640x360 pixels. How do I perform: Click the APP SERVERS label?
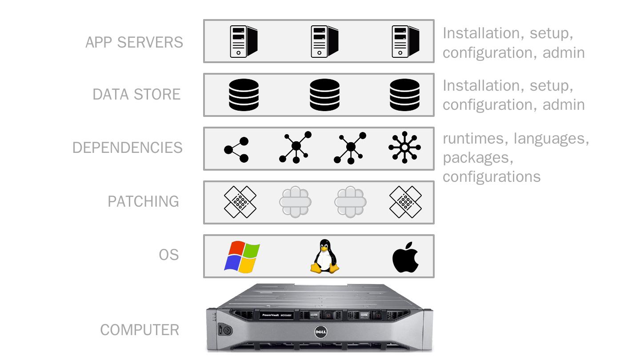pyautogui.click(x=134, y=42)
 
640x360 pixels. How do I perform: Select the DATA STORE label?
pyautogui.click(x=136, y=94)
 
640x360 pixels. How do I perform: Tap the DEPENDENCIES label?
pyautogui.click(x=127, y=148)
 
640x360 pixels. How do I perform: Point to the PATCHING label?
pyautogui.click(x=143, y=201)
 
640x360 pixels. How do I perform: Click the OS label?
pyautogui.click(x=168, y=255)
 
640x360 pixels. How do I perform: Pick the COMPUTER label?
pyautogui.click(x=140, y=330)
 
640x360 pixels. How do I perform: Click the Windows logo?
pyautogui.click(x=242, y=257)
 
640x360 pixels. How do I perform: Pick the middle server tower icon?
pyautogui.click(x=324, y=41)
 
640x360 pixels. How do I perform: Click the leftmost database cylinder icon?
pyautogui.click(x=244, y=95)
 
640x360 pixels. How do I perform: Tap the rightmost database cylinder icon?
pyautogui.click(x=404, y=95)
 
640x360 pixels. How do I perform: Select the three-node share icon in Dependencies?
pyautogui.click(x=236, y=149)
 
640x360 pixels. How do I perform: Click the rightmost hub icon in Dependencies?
pyautogui.click(x=404, y=148)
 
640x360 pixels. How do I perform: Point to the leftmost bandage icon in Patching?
pyautogui.click(x=240, y=202)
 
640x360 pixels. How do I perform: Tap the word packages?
pyautogui.click(x=475, y=157)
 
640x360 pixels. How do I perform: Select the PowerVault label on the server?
pyautogui.click(x=276, y=315)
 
